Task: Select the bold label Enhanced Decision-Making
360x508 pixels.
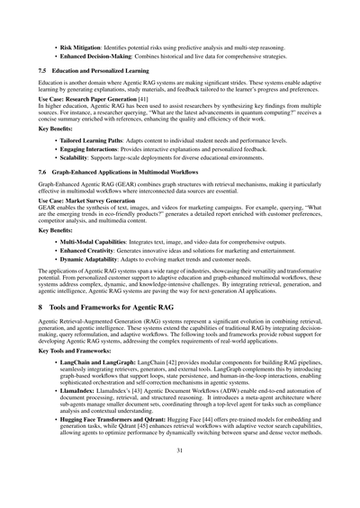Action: pos(98,55)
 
